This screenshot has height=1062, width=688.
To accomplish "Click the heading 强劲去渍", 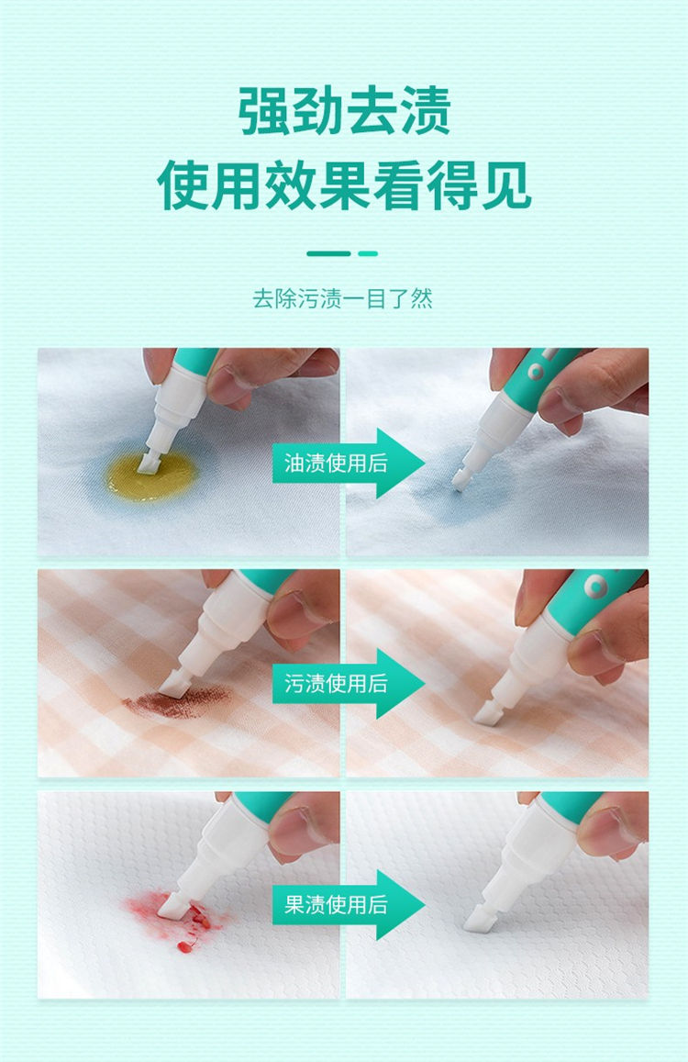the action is click(344, 110).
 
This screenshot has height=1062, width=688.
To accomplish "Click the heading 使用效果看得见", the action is click(344, 184).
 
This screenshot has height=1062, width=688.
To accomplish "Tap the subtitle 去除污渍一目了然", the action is click(343, 298).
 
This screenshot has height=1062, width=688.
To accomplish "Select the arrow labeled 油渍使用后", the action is click(349, 464).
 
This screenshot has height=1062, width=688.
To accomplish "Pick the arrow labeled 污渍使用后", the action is click(349, 684).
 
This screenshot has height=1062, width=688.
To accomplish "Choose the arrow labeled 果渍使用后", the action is click(349, 904).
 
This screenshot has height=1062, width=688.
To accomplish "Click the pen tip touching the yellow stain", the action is click(148, 463).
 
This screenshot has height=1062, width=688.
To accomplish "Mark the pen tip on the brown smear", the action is click(172, 686).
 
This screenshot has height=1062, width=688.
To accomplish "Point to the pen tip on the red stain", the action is click(170, 906).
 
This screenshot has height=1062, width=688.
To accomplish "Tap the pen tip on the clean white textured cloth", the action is click(479, 920).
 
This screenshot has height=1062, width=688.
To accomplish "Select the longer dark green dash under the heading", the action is click(328, 254).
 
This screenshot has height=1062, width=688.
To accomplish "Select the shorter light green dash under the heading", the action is click(369, 254).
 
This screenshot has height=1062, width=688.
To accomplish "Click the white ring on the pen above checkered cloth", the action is click(596, 586).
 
